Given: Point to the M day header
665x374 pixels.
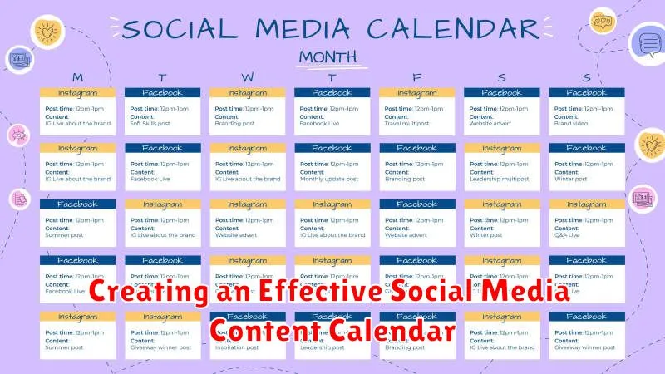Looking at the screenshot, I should coord(76,77).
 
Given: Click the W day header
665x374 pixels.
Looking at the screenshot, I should coord(247,77).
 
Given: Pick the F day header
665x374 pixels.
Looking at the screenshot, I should coord(416,77).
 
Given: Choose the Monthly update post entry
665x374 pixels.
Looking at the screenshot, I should coord(329,179).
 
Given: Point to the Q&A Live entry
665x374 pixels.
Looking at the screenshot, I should coord(568,234).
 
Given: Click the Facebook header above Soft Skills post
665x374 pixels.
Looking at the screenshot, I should coord(162,93).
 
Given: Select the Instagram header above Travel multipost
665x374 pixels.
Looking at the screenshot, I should coord(416,93).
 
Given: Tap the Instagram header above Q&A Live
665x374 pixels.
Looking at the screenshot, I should coord(586,204).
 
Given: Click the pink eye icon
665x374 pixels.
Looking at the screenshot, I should coord(17,135).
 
